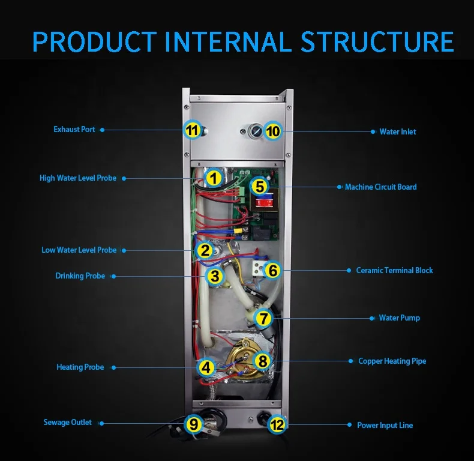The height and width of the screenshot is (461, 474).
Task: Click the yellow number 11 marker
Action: point(191,130)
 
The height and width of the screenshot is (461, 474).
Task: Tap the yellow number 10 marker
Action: point(273,130)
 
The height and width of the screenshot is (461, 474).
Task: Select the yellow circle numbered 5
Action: point(259,186)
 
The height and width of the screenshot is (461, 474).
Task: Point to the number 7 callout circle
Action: point(264,318)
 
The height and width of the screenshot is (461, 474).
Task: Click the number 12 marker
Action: point(277,424)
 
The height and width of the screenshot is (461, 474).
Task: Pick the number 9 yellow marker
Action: point(193,424)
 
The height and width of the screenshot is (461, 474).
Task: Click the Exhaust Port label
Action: point(74,130)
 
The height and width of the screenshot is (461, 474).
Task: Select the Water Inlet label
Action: point(397,131)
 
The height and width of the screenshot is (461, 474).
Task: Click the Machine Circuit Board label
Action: point(380,187)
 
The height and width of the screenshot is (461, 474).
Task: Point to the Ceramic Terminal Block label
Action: point(394,270)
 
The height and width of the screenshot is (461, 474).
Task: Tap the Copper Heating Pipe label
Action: point(392,361)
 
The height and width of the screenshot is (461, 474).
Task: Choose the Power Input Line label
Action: point(385,425)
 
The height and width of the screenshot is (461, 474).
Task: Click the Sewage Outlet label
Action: point(68,423)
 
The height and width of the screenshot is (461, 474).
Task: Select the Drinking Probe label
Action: point(80,276)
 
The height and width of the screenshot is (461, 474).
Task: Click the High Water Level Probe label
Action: point(78,178)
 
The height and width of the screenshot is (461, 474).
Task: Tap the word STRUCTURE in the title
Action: point(377,41)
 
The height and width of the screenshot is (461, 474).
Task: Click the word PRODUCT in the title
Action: point(94,41)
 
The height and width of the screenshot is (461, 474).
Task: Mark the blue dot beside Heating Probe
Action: point(112,367)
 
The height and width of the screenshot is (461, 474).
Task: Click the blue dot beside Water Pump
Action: point(371,318)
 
